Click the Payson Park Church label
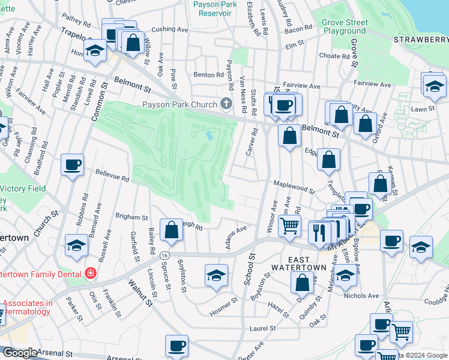(x=179, y=104)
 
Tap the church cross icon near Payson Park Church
(x=226, y=104)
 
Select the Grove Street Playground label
(x=343, y=26)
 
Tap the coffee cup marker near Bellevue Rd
(x=72, y=165)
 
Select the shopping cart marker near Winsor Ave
(x=290, y=226)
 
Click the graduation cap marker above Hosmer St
(x=216, y=275)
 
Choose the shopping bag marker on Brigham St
(x=172, y=230)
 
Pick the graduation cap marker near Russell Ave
(x=76, y=246)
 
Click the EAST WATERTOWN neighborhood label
(x=298, y=260)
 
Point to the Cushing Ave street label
(x=170, y=29)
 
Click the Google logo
(x=19, y=353)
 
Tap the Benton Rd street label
(x=208, y=75)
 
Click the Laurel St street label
(x=262, y=328)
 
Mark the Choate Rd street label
(x=330, y=55)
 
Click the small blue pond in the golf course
(x=209, y=135)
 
